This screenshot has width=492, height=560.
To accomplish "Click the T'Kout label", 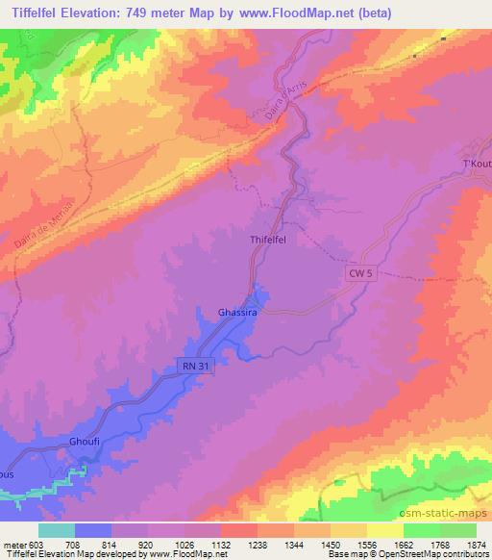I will [x=478, y=164].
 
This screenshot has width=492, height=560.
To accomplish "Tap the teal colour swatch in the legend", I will [x=57, y=530].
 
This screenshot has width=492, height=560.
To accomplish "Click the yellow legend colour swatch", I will [x=385, y=530].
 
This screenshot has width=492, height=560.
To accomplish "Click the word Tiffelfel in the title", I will [x=42, y=13].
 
